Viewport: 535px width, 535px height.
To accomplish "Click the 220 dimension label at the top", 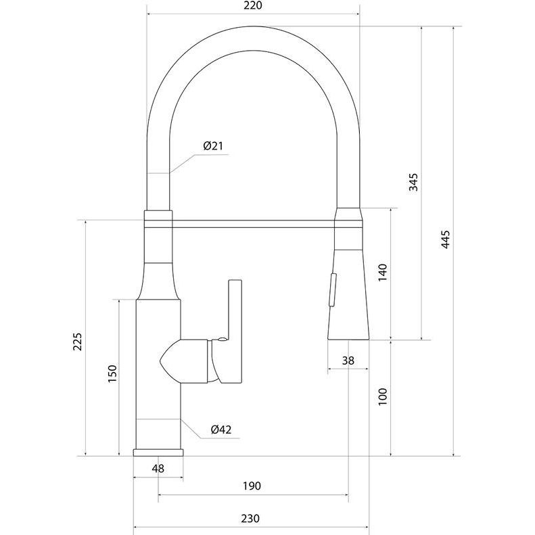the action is (253, 5).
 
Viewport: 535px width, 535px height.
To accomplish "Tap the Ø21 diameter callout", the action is (213, 146).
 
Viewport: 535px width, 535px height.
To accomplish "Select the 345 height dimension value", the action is (413, 182).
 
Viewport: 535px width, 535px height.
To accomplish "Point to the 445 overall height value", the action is (446, 239).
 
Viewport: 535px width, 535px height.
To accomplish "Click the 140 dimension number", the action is (383, 273).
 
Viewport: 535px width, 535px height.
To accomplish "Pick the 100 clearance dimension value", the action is (383, 396).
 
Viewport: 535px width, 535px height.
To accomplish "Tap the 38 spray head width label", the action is (348, 360).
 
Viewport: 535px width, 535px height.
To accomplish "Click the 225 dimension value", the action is (78, 342).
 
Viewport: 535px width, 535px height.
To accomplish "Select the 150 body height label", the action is (112, 373).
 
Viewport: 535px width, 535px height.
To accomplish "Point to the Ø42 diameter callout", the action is (221, 429).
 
